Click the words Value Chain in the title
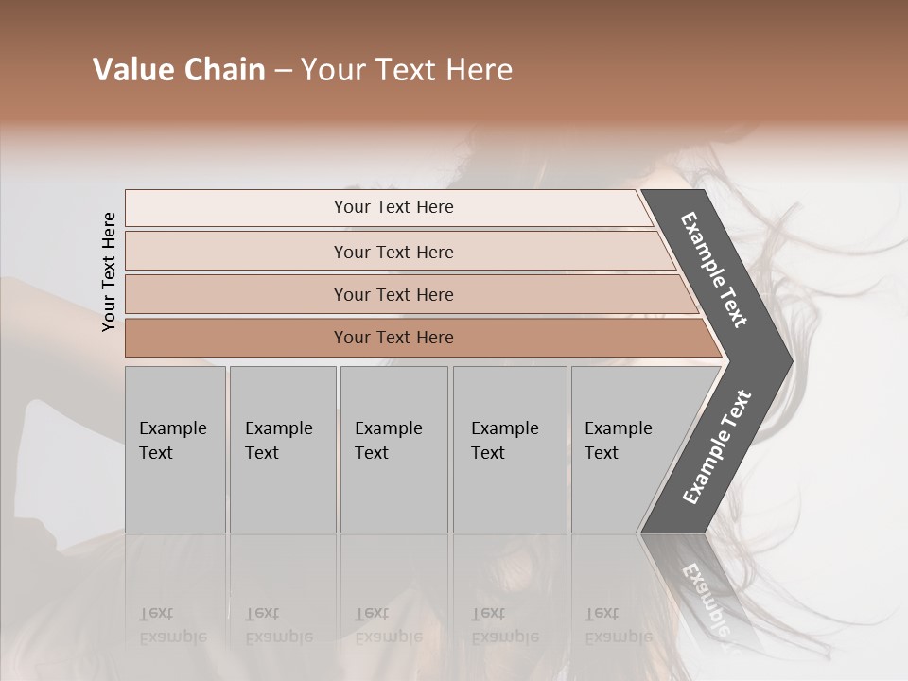click(179, 70)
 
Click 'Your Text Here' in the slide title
click(407, 70)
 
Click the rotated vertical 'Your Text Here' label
click(109, 271)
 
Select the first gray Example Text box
click(175, 449)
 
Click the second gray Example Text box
click(283, 449)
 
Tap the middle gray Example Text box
click(393, 449)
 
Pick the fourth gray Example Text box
click(510, 449)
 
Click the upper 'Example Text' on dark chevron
click(714, 270)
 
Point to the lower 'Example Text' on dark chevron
click(716, 447)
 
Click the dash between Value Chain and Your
click(283, 71)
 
